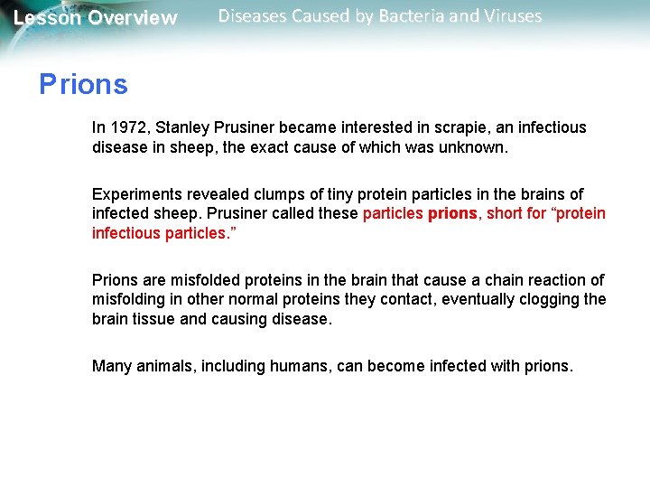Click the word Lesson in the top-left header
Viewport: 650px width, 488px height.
pos(47,18)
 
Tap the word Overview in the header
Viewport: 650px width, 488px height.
pos(133,18)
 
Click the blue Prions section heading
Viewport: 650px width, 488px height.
pos(83,85)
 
